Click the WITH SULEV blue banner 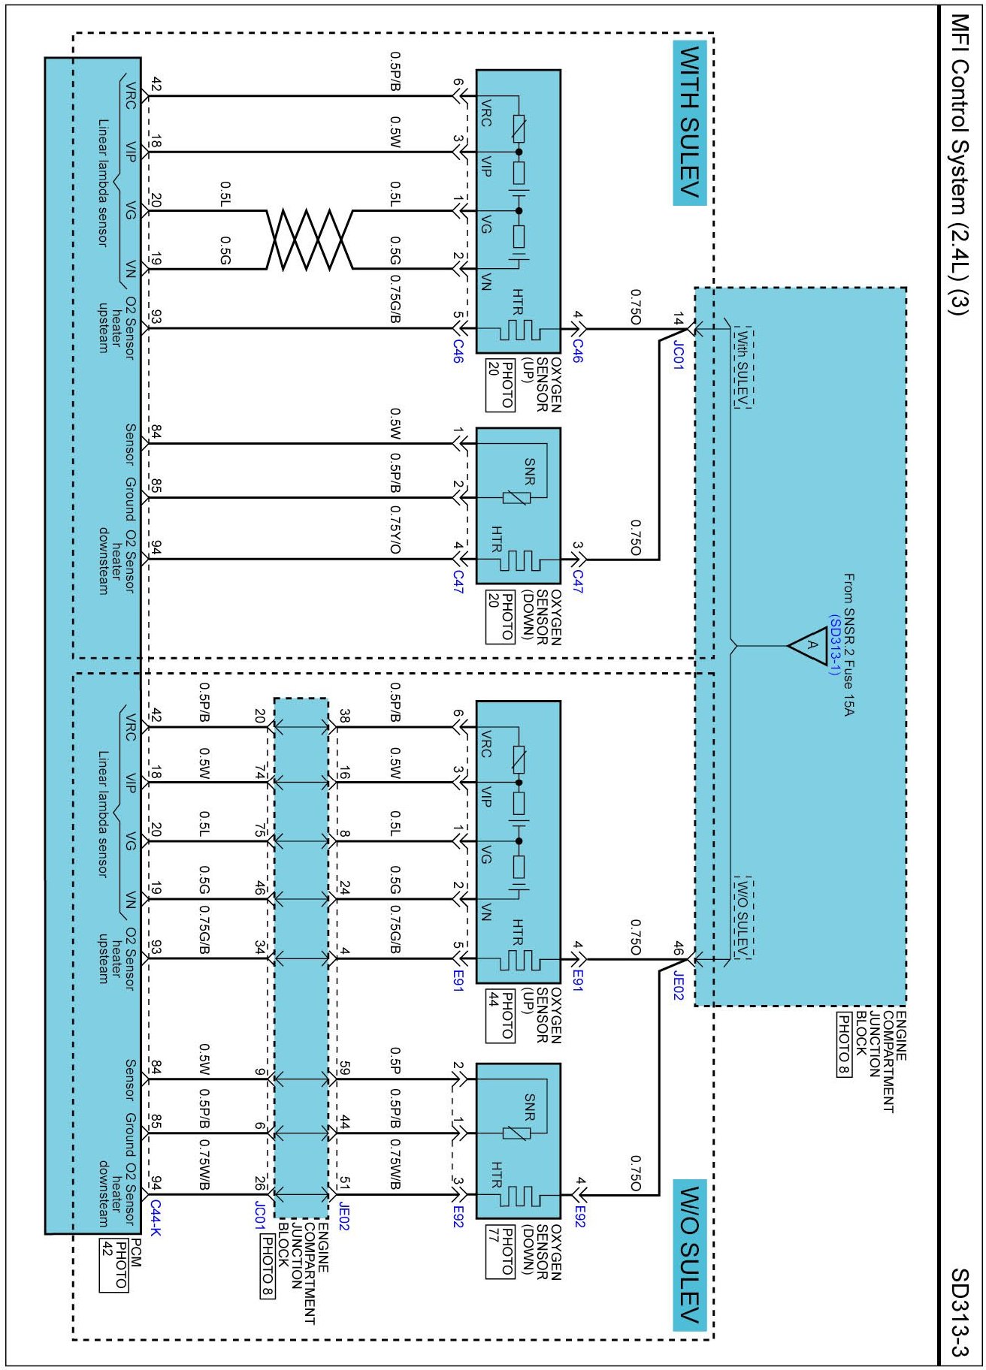pyautogui.click(x=689, y=122)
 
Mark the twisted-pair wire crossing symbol pyautogui.click(x=309, y=240)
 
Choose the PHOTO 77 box pyautogui.click(x=500, y=1251)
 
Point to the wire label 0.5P pyautogui.click(x=395, y=1060)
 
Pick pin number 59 pyautogui.click(x=343, y=1067)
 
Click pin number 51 pyautogui.click(x=343, y=1183)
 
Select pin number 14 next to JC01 pyautogui.click(x=678, y=318)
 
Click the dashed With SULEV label pyautogui.click(x=743, y=367)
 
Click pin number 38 pyautogui.click(x=343, y=716)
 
